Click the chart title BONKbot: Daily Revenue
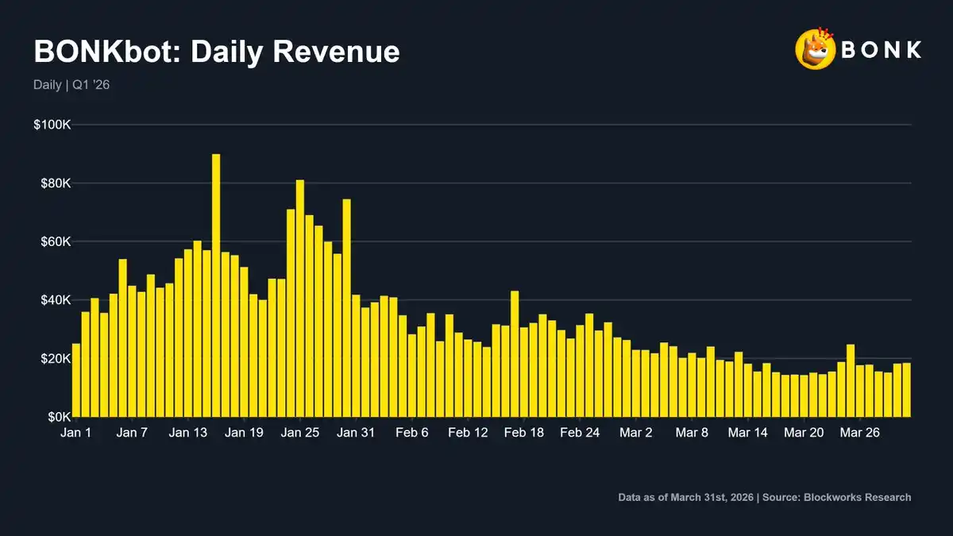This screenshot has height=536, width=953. tap(216, 52)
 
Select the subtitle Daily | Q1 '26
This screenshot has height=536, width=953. tap(71, 84)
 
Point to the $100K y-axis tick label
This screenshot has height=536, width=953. tap(52, 125)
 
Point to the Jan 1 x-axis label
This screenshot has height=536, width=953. tap(76, 433)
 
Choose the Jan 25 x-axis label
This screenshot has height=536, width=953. tap(300, 433)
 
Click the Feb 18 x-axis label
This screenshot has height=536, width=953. tap(524, 433)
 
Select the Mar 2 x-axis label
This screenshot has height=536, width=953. tap(636, 433)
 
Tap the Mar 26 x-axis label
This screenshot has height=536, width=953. tap(860, 433)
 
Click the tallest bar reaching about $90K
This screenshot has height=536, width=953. tap(216, 286)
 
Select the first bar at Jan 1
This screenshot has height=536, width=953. tap(76, 380)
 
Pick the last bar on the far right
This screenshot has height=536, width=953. tap(906, 390)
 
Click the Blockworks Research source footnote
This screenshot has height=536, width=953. tap(764, 497)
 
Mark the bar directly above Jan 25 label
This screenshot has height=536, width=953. tap(300, 299)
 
